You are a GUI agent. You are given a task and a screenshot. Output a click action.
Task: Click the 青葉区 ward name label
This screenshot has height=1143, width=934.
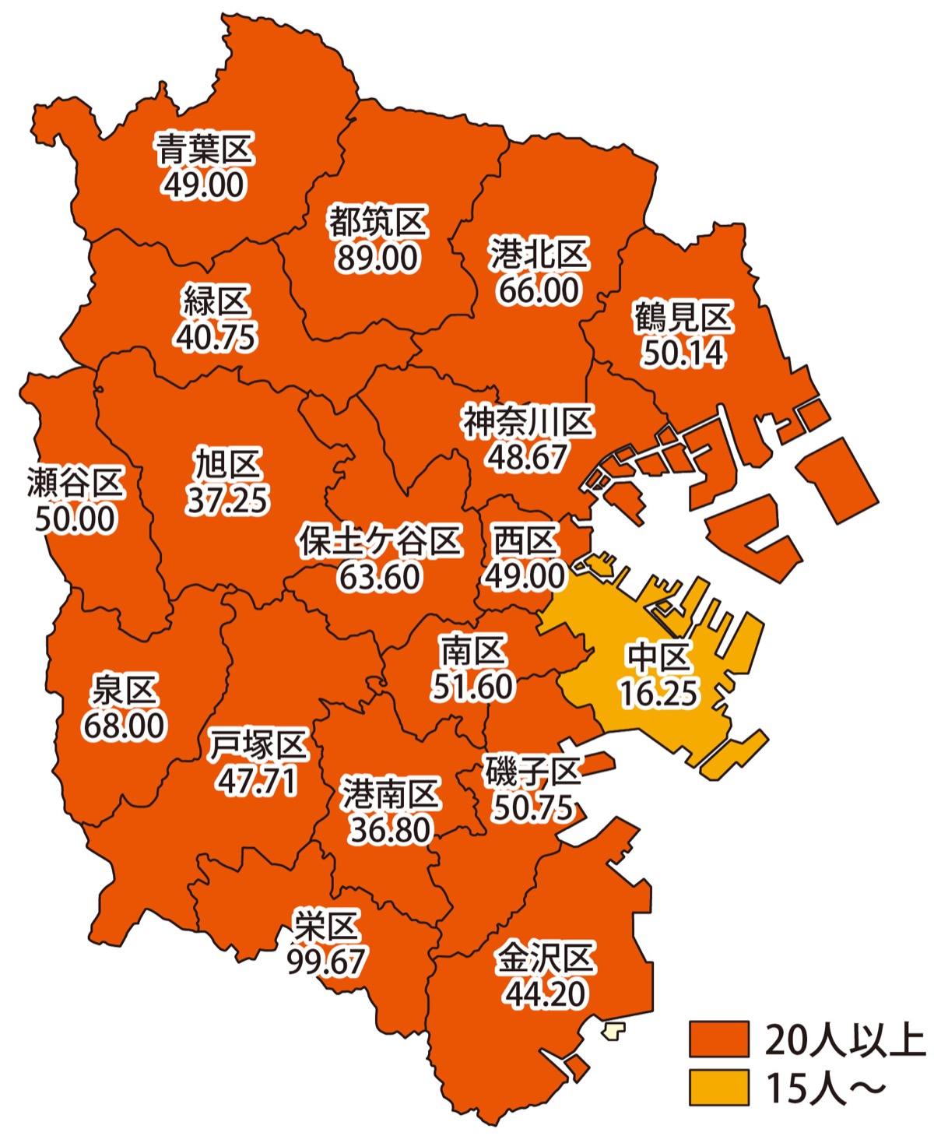coord(205,149)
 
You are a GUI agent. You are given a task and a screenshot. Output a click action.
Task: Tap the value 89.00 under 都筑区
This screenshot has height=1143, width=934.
coord(377,258)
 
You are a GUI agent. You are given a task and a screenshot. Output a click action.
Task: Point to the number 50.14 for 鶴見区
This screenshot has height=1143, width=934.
coord(683,353)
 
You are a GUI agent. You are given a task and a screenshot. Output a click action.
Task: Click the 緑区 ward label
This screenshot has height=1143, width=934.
coord(216,301)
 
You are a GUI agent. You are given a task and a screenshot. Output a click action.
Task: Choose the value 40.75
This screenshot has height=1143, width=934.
coord(216,336)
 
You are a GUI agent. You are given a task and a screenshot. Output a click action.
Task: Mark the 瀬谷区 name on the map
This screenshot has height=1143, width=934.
coord(75,483)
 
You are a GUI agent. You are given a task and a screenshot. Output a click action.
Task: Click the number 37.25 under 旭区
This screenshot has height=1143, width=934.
coord(227,500)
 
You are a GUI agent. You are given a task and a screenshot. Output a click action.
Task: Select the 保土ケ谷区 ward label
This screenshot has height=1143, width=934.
coord(380,541)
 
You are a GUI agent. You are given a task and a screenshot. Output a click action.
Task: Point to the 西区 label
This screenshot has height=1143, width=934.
coord(526,540)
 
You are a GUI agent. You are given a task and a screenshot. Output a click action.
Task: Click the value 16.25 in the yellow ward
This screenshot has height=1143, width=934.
coord(658,693)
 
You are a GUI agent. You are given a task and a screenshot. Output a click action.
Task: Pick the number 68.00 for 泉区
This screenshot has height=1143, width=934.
coord(125,726)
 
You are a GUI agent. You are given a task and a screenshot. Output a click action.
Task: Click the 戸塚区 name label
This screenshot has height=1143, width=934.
coord(258,745)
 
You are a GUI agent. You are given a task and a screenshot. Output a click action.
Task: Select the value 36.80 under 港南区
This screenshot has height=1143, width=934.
coord(390,830)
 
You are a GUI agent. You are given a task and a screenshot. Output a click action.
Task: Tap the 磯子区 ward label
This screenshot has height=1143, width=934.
coord(533,772)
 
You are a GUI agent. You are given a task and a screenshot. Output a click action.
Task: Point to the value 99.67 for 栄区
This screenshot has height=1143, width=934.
coord(326,962)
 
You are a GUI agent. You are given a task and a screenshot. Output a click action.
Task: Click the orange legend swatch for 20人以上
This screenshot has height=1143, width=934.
coord(718,1039)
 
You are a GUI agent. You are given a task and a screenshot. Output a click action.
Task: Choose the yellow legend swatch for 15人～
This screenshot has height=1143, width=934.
coord(718,1088)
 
